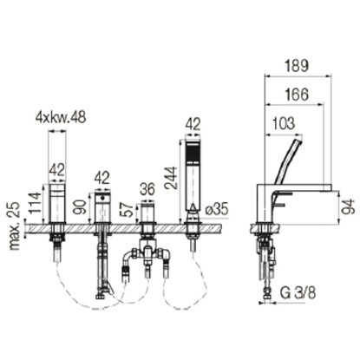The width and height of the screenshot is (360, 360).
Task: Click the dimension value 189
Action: pos(297,66)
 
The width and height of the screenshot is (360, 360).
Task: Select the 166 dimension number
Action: pos(297,95)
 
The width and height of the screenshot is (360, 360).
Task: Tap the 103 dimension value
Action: pos(284,123)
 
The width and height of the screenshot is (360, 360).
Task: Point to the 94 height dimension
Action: pos(350,206)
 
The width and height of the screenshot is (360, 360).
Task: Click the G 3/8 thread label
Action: pos(298,292)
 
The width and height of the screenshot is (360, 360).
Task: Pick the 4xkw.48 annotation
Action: pos(61,118)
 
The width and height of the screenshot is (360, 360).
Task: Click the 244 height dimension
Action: pos(171,178)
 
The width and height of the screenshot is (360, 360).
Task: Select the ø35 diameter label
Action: pos(217,209)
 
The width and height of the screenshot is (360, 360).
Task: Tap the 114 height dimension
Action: pos(36,202)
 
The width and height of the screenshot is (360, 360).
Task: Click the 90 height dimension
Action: pos(82,206)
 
